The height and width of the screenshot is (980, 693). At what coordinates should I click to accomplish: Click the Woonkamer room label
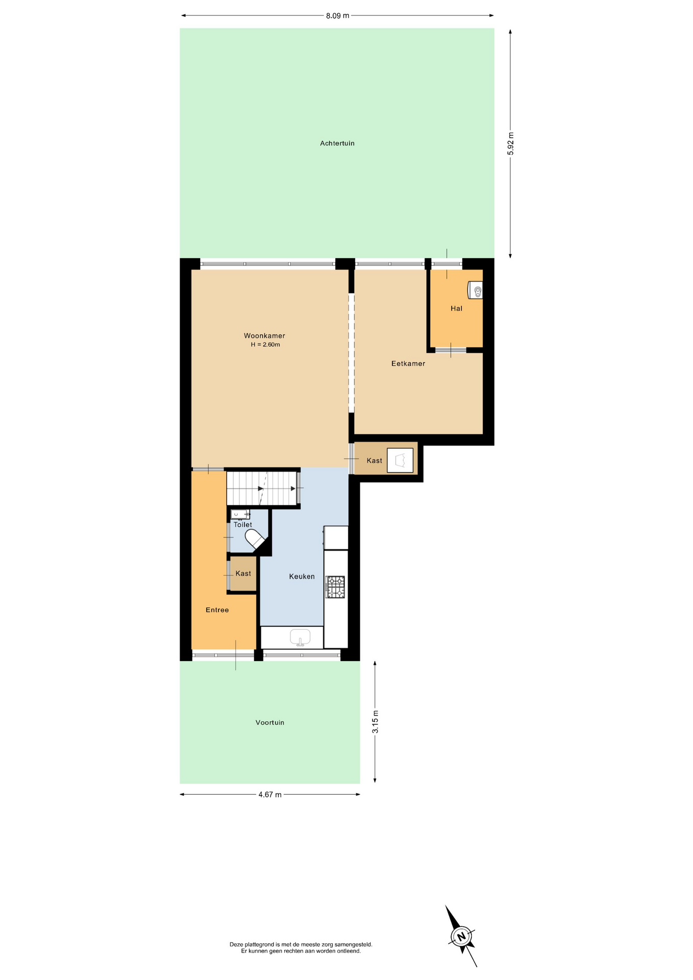[264, 336]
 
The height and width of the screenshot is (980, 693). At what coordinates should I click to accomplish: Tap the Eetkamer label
[408, 363]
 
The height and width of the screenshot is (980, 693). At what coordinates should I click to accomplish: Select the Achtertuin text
[337, 143]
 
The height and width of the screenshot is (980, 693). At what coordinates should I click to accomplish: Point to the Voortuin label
[270, 722]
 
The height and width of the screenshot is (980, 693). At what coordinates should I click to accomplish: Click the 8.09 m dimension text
[338, 16]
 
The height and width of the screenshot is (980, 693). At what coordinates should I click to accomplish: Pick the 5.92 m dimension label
[511, 143]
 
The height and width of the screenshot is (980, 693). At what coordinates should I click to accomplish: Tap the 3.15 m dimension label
[376, 722]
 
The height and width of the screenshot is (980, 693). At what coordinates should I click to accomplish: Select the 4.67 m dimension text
[270, 795]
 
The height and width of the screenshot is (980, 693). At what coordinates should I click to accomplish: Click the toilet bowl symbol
[255, 539]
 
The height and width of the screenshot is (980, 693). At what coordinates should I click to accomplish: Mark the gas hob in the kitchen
[335, 587]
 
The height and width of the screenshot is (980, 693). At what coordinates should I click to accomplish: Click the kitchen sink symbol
[300, 638]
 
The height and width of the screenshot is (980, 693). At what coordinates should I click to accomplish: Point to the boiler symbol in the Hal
[476, 290]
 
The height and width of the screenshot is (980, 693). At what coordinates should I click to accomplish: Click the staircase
[262, 488]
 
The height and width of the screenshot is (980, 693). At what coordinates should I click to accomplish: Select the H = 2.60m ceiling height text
[265, 345]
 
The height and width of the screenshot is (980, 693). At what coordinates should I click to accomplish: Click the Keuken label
[302, 576]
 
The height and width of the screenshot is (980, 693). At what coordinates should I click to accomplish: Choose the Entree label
[217, 610]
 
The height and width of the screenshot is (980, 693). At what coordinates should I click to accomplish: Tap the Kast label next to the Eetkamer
[375, 460]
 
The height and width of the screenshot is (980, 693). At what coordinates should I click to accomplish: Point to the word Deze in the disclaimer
[236, 944]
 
